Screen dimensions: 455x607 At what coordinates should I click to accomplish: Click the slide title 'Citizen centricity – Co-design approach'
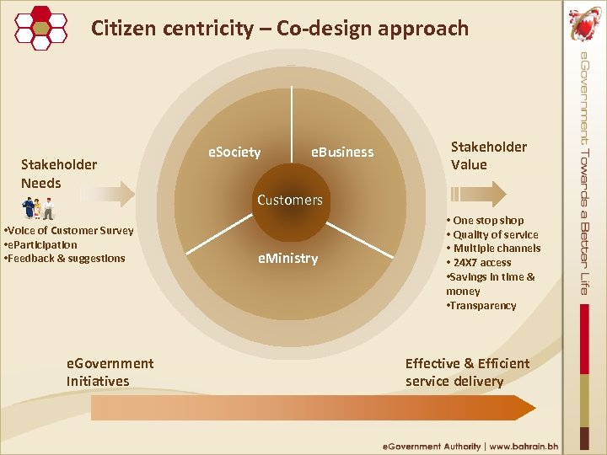[279, 29]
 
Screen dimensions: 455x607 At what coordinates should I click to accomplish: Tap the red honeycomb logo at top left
[41, 27]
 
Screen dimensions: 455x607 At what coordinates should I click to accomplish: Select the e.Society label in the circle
[234, 153]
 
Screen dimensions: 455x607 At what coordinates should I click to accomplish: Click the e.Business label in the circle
[341, 153]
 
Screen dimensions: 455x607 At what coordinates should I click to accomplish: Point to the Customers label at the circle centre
[290, 200]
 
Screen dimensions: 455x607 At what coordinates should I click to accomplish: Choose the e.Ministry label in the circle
[288, 259]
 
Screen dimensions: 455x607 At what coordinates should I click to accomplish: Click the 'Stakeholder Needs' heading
[59, 174]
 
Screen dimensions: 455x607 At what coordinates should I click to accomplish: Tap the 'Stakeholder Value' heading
[489, 156]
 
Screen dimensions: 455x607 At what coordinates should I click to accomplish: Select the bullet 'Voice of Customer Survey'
[69, 231]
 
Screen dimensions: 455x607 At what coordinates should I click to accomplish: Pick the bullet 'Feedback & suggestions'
[65, 258]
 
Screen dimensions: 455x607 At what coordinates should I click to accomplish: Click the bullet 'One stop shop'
[488, 221]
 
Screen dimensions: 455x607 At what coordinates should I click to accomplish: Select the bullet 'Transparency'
[481, 306]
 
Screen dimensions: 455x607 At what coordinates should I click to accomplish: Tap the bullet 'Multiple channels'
[497, 249]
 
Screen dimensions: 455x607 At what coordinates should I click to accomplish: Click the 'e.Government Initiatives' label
[110, 372]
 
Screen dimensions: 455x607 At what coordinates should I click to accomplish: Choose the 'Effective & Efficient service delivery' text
[467, 372]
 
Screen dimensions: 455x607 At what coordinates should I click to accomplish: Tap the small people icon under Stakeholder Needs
[38, 207]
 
